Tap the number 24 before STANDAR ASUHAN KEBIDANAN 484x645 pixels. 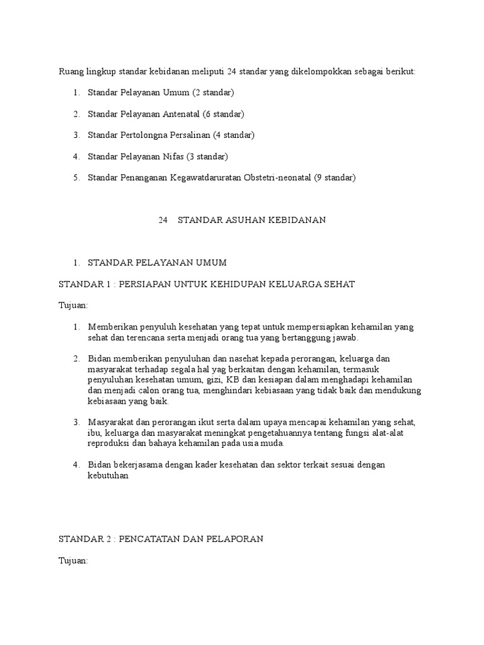(162, 220)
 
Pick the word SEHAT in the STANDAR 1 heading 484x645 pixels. (340, 284)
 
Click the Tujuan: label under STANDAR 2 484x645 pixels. (73, 560)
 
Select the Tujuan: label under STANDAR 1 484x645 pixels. (73, 305)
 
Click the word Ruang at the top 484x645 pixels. (71, 72)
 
